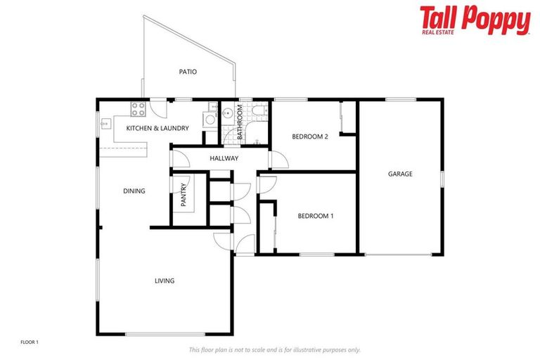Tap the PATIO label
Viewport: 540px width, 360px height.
(x=187, y=72)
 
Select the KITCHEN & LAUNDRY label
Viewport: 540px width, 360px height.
(x=157, y=128)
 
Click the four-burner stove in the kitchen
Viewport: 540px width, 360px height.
(x=138, y=108)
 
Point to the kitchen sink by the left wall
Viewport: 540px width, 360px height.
(x=105, y=124)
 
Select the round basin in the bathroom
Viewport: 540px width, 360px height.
(x=229, y=112)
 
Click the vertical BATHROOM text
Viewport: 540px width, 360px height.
(x=240, y=120)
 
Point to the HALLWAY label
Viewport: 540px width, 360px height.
(x=224, y=158)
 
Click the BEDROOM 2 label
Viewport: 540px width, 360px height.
(x=310, y=136)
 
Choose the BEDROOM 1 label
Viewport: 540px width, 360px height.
(x=315, y=216)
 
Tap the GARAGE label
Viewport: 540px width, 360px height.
(x=400, y=174)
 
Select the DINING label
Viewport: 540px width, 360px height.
(x=134, y=191)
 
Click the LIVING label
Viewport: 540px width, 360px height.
(x=165, y=281)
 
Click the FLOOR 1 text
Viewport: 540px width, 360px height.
(x=29, y=342)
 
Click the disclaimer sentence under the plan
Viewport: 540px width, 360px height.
(x=274, y=349)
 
